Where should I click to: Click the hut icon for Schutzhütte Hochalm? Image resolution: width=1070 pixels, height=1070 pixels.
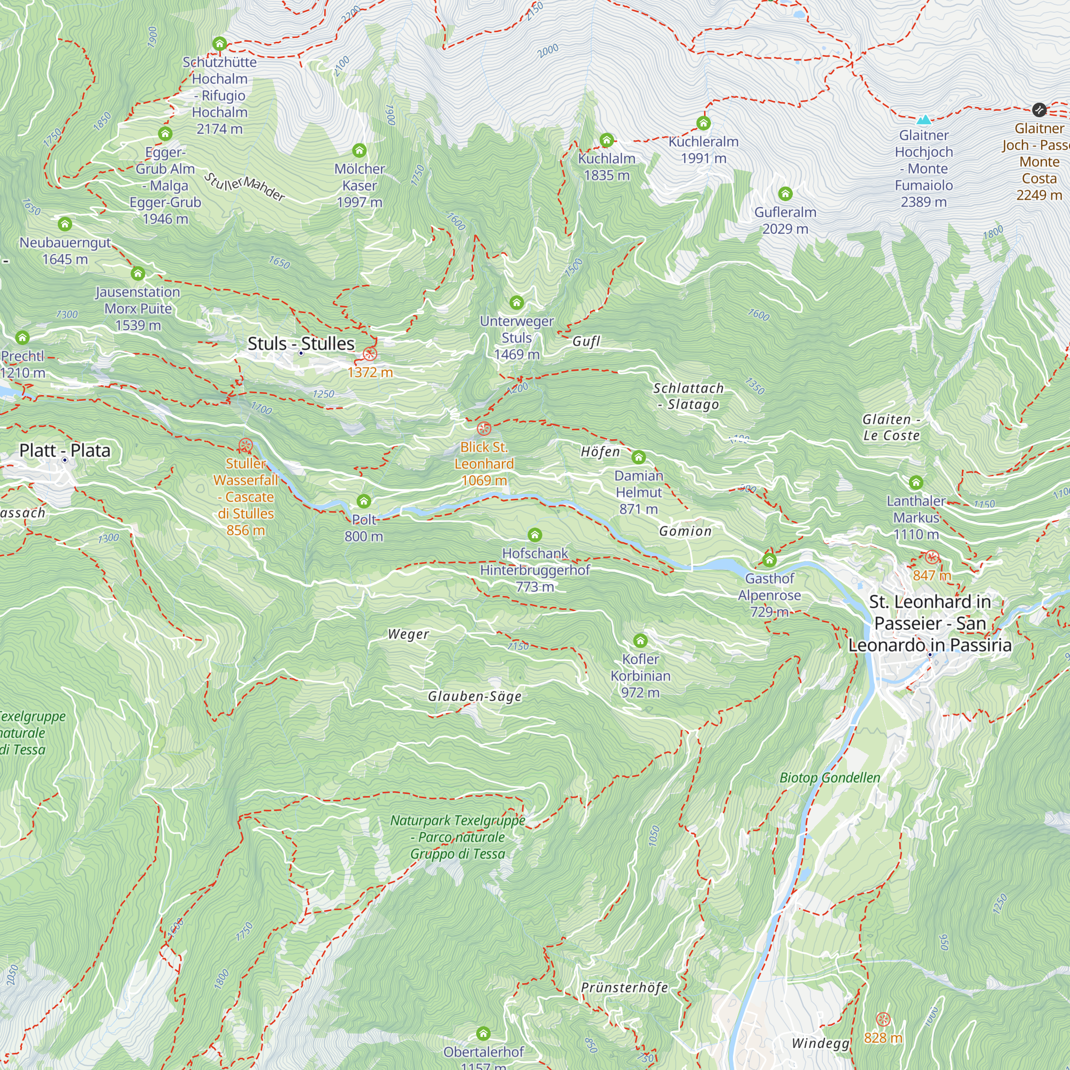click(220, 43)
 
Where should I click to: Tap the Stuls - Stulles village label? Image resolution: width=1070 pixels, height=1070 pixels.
click(301, 343)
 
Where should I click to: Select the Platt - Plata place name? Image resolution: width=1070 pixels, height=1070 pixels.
click(65, 450)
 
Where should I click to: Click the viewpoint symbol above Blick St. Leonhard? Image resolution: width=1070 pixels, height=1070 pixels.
click(484, 428)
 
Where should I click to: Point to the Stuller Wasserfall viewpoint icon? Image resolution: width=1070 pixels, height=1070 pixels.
click(246, 445)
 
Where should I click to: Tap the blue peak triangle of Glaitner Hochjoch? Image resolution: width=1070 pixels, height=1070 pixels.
click(923, 119)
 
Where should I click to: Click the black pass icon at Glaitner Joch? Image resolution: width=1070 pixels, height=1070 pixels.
click(1039, 109)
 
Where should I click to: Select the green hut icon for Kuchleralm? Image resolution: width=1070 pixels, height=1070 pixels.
click(704, 123)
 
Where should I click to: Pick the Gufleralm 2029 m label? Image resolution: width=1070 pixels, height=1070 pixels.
click(785, 220)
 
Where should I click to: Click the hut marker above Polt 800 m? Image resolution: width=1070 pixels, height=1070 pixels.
click(363, 501)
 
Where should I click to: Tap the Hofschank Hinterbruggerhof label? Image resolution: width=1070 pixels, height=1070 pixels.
click(534, 569)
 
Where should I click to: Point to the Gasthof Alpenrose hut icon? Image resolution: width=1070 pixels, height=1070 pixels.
click(769, 560)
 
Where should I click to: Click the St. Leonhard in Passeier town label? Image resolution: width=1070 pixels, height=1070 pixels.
click(930, 623)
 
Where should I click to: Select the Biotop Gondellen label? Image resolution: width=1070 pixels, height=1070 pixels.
click(830, 777)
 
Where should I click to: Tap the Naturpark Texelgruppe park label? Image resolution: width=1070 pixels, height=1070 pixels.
click(457, 837)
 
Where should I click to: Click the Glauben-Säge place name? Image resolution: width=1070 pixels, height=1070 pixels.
click(475, 696)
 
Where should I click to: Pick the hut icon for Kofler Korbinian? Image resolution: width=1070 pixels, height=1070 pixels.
click(640, 641)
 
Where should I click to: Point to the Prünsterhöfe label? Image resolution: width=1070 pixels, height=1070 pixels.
click(624, 988)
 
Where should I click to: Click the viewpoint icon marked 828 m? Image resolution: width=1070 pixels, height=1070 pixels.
click(883, 1020)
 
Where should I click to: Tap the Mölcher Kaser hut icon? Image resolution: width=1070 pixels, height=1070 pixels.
click(359, 150)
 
